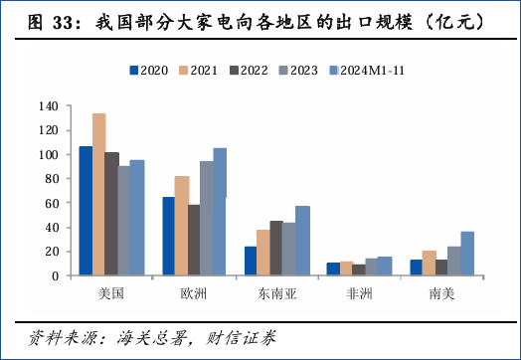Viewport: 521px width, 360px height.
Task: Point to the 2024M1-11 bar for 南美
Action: [x=467, y=254]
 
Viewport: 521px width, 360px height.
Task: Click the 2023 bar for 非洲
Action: [x=372, y=268]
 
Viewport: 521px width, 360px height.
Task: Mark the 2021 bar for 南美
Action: [x=429, y=264]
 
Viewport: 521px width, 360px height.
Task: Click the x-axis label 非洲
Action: [x=359, y=294]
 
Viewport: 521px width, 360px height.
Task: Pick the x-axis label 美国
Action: [x=111, y=294]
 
